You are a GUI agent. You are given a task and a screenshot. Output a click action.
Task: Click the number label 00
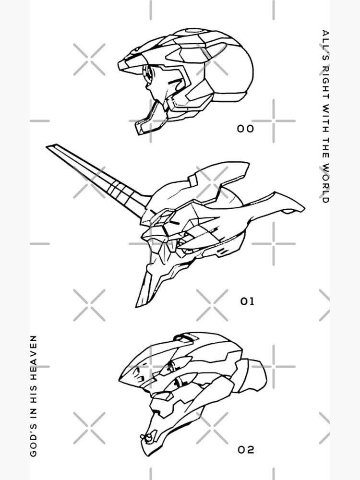(245, 129)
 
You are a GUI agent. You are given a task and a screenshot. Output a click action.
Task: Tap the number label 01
(247, 301)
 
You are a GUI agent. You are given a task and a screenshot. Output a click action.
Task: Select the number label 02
(246, 450)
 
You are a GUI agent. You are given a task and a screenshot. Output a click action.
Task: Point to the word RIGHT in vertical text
(325, 81)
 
